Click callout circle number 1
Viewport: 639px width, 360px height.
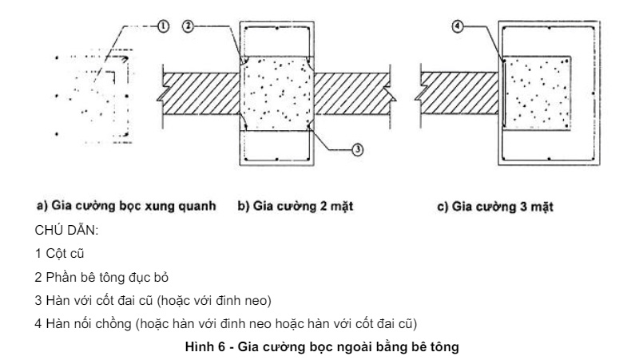point(163,26)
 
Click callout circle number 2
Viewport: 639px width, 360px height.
point(188,26)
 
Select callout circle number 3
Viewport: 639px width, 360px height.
point(357,150)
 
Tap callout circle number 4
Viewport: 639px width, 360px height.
point(458,26)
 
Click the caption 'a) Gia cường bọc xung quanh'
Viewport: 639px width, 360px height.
point(126,206)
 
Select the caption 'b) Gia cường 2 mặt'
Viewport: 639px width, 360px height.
point(296,206)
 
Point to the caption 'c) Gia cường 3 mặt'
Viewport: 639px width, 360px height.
point(495,207)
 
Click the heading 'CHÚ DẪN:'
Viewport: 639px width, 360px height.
point(66,230)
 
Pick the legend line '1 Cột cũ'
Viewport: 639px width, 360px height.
point(59,253)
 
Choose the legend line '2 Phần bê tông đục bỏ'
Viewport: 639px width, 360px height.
point(101,277)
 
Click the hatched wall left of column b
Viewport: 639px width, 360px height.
point(201,93)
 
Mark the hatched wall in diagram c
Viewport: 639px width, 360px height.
point(458,93)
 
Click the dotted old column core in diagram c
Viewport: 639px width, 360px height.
point(537,93)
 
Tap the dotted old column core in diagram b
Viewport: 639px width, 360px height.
point(276,93)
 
